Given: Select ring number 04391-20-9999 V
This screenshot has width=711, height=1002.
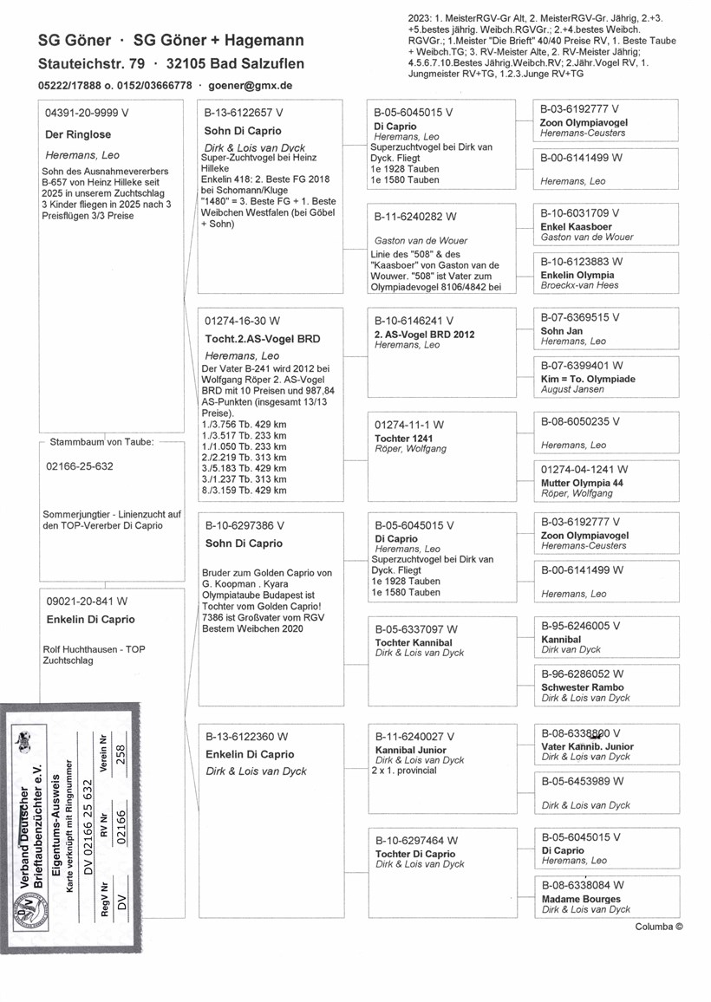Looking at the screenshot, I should tap(86, 114).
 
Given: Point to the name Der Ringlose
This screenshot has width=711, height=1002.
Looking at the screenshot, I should tap(77, 134).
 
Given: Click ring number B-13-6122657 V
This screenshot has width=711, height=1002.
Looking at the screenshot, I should tap(244, 114).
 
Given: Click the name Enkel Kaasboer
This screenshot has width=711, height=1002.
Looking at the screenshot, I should tap(576, 226).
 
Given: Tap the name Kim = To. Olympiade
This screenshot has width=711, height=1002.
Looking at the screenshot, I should tap(587, 380).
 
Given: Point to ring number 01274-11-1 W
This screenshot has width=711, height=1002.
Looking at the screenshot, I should tap(408, 425).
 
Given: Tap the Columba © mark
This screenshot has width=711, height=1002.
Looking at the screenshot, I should tap(658, 927).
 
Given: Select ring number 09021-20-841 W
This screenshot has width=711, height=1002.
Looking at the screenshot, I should tap(86, 600).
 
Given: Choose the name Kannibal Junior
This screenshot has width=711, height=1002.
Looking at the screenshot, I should tap(410, 750).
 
